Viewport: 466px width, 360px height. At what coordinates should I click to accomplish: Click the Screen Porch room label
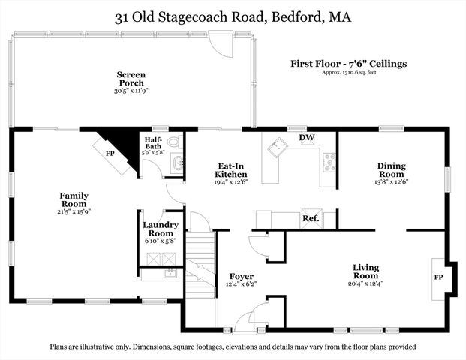[131, 78]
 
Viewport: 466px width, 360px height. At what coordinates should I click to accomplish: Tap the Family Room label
[74, 199]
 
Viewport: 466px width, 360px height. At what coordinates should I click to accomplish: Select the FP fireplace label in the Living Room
[438, 277]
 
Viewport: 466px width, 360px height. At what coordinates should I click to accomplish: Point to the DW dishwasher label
[306, 138]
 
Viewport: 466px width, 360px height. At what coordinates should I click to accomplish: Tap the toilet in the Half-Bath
[174, 142]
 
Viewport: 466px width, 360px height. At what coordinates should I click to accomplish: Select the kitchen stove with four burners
[329, 160]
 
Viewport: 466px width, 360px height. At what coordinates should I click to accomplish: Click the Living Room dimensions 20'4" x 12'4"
[366, 283]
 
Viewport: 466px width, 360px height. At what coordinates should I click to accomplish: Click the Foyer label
[242, 276]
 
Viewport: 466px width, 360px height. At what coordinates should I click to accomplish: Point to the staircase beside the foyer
[200, 262]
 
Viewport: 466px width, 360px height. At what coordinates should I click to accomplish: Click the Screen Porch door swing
[222, 46]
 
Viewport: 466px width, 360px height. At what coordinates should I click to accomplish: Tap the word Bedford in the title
[295, 16]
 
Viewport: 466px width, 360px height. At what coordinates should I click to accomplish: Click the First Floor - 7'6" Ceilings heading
[348, 64]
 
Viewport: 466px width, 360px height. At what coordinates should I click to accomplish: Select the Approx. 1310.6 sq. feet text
[348, 73]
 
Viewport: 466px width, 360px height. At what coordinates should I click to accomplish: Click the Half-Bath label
[153, 142]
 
